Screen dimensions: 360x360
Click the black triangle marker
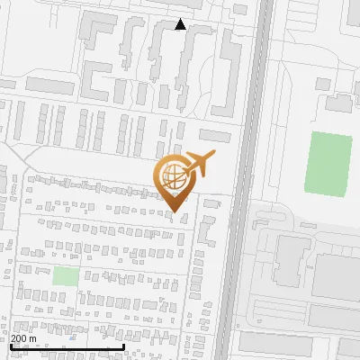[x=181, y=24]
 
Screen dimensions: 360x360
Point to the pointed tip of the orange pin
[x=175, y=211]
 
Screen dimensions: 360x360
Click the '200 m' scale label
[x=23, y=337]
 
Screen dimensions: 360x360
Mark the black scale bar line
[x=67, y=346]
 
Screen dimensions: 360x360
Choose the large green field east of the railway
[x=328, y=161]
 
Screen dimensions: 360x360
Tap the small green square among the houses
[x=65, y=275]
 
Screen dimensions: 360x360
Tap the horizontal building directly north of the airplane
[x=215, y=136]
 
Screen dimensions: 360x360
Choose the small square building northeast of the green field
[x=338, y=103]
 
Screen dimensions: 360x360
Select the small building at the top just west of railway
[x=239, y=9]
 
